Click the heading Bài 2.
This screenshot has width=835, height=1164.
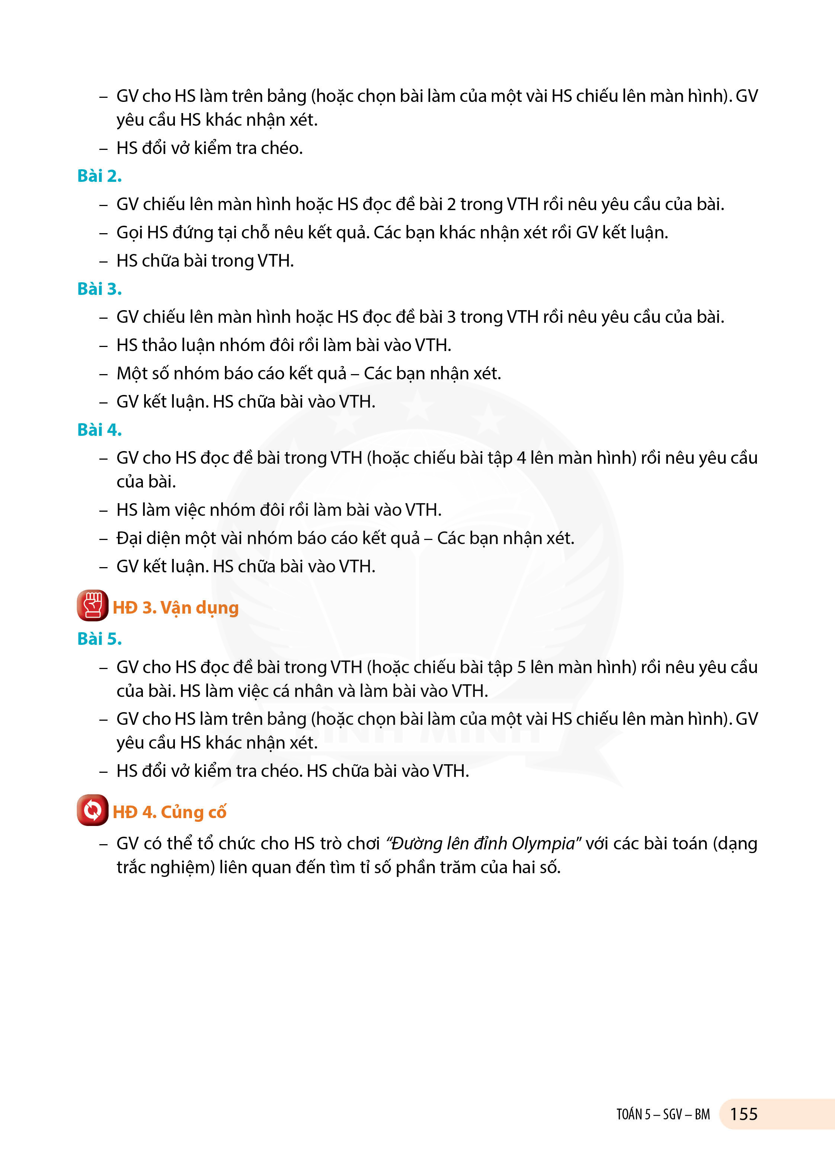pyautogui.click(x=99, y=176)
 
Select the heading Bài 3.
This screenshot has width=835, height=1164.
pyautogui.click(x=99, y=289)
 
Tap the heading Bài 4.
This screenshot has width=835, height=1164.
pyautogui.click(x=99, y=430)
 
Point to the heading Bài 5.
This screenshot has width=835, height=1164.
pyautogui.click(x=99, y=639)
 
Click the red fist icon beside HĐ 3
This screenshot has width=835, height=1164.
pyautogui.click(x=92, y=605)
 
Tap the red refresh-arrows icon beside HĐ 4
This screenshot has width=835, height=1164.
pyautogui.click(x=92, y=810)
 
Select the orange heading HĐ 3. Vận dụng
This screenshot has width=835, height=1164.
pyautogui.click(x=176, y=608)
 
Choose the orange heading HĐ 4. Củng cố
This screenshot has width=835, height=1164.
pyautogui.click(x=169, y=812)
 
